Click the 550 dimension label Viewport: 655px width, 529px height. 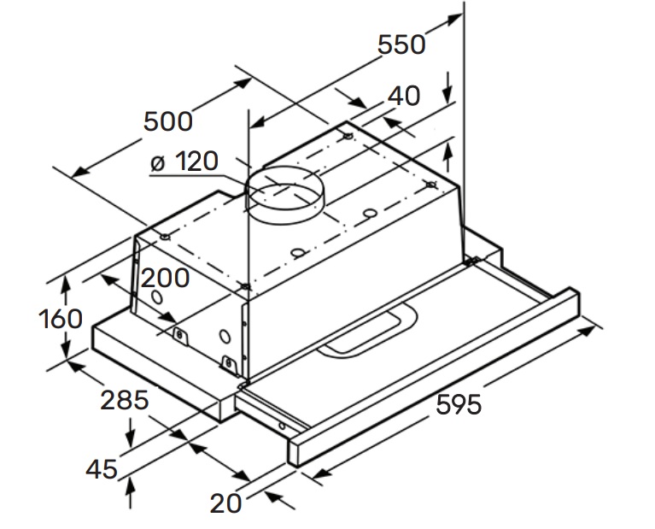coord(401,44)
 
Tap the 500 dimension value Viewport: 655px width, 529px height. coord(167,121)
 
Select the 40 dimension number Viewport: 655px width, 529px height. coord(402,96)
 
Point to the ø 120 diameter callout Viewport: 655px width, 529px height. coord(184,161)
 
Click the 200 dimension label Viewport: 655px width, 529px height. coord(165,278)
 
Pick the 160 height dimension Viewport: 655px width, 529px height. coord(61,319)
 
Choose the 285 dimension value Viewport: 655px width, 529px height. coord(125,399)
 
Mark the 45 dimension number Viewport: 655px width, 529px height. coord(102,468)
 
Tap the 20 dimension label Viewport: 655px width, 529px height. coord(226,503)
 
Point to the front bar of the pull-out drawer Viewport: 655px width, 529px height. coord(436,376)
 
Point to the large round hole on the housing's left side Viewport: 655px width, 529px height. coord(157,297)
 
